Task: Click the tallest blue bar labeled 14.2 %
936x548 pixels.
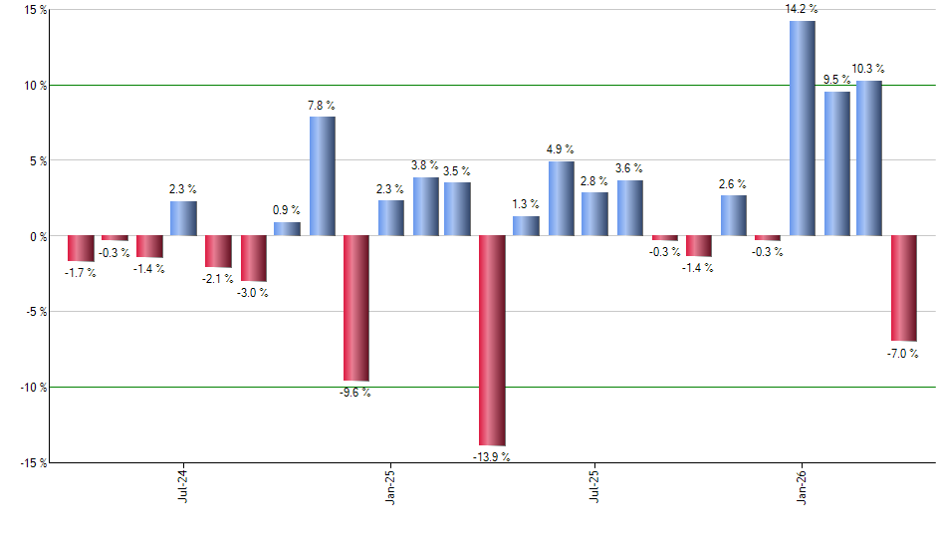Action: pyautogui.click(x=802, y=128)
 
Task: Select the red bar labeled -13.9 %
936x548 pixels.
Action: pyautogui.click(x=492, y=340)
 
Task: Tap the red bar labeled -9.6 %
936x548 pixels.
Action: pyautogui.click(x=356, y=308)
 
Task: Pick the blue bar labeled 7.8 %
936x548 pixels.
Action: pyautogui.click(x=322, y=176)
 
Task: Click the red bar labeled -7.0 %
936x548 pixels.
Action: pyautogui.click(x=904, y=288)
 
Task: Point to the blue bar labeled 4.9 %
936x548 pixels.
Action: pyautogui.click(x=561, y=198)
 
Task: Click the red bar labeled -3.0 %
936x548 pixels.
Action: pyautogui.click(x=254, y=258)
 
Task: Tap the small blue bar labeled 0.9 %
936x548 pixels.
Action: pyautogui.click(x=287, y=229)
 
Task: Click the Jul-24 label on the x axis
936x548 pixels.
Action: pyautogui.click(x=183, y=485)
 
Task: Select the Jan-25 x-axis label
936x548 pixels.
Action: pyautogui.click(x=389, y=485)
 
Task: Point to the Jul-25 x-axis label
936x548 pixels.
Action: pyautogui.click(x=595, y=485)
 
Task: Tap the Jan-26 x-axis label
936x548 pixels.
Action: pyautogui.click(x=802, y=485)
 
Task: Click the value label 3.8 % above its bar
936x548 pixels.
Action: pyautogui.click(x=425, y=165)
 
